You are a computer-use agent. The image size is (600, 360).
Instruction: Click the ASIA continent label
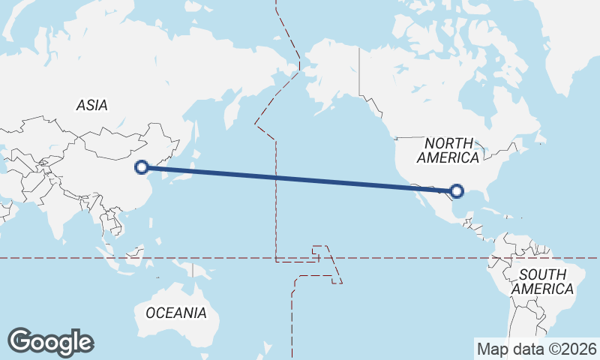91,106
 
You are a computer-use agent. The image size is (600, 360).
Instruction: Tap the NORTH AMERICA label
448,150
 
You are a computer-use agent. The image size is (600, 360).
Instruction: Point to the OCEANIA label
176,313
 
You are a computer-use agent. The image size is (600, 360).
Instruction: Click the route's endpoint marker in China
141,167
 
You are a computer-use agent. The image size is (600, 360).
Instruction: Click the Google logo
50,342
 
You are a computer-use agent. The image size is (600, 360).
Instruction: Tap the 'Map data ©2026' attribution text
536,349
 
